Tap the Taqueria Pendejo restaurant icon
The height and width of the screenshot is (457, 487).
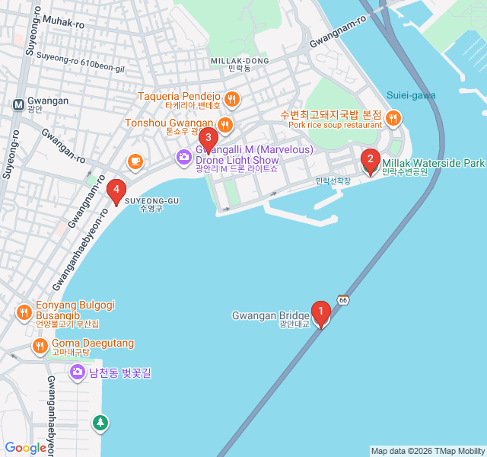232,97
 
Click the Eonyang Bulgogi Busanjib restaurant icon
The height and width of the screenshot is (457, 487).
24,312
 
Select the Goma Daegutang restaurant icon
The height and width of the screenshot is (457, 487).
40,347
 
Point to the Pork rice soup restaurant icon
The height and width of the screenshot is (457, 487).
393,117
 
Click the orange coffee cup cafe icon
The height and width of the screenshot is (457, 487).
135,161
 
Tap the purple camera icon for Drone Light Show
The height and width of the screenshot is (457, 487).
183,158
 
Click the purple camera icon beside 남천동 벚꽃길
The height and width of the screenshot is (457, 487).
77,372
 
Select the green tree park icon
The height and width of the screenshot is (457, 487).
100,422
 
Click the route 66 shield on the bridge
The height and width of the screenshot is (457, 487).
344,300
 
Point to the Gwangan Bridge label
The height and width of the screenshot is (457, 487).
270,316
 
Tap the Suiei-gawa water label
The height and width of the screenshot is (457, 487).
410,95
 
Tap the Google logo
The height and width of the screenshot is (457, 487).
26,448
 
